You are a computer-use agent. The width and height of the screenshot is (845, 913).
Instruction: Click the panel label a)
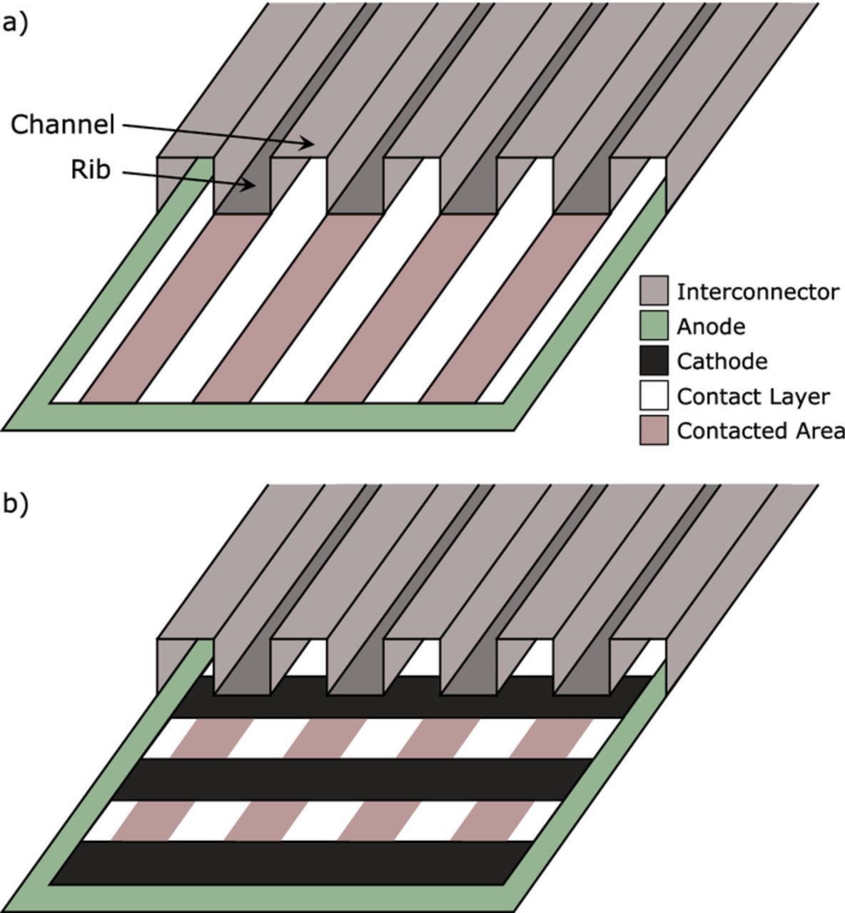(x=15, y=23)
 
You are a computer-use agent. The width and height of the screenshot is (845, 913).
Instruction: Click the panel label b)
(x=15, y=504)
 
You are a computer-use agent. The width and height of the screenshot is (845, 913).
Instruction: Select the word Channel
(x=63, y=125)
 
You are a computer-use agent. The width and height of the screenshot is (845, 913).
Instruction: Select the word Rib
(x=91, y=170)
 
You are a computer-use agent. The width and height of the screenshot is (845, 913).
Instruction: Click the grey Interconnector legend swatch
(x=653, y=291)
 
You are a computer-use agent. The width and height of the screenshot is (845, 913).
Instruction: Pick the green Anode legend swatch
(x=653, y=326)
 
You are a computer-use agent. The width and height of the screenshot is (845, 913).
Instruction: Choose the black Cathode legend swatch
(x=653, y=361)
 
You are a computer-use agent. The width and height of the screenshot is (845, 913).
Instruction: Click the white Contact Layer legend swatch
(x=653, y=396)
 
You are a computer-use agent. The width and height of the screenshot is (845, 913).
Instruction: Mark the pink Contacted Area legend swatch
(x=653, y=431)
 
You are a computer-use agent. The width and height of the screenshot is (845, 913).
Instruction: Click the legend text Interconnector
(x=757, y=292)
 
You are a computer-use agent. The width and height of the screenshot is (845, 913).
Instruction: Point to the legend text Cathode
(x=722, y=362)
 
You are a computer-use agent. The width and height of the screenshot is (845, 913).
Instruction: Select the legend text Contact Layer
(x=752, y=397)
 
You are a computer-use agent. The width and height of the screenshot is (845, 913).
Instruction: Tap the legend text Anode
(x=710, y=327)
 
